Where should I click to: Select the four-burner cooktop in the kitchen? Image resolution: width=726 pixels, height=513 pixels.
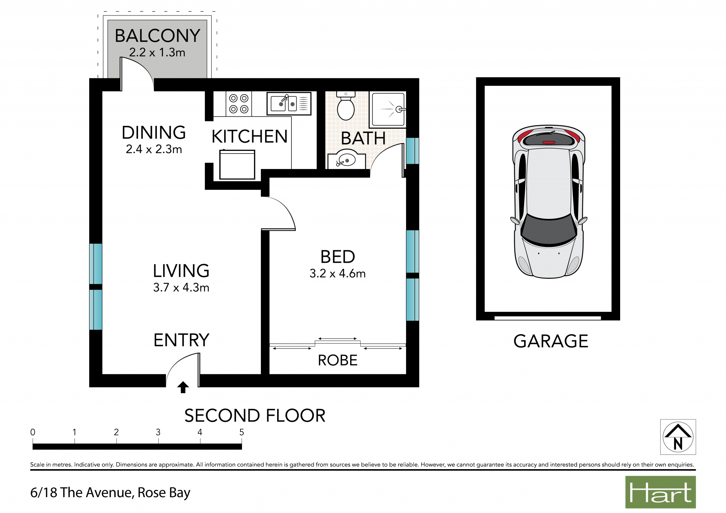239,104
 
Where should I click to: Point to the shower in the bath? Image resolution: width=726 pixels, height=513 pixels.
388,109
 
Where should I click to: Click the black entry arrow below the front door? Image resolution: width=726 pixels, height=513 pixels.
183,387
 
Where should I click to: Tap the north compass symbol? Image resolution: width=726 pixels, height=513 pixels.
678,437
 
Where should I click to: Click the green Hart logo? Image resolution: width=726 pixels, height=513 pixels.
660,492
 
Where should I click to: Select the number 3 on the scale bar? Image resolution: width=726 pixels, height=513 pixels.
158,432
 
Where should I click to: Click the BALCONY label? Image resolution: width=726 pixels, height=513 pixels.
158,36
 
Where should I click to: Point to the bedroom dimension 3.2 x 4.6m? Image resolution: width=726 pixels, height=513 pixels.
338,273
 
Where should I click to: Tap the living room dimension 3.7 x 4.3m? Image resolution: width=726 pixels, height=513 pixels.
181,287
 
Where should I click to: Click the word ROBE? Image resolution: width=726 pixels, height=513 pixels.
338,360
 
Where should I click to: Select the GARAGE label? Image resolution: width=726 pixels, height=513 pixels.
551,341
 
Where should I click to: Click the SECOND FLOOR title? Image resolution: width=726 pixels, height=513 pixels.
255,415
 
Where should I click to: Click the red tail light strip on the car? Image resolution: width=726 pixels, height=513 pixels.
549,142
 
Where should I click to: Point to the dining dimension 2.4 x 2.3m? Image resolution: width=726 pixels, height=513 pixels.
154,149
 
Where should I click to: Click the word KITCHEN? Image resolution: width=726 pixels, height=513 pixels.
250,136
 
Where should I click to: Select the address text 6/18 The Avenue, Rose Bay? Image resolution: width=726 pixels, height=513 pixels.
110,493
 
